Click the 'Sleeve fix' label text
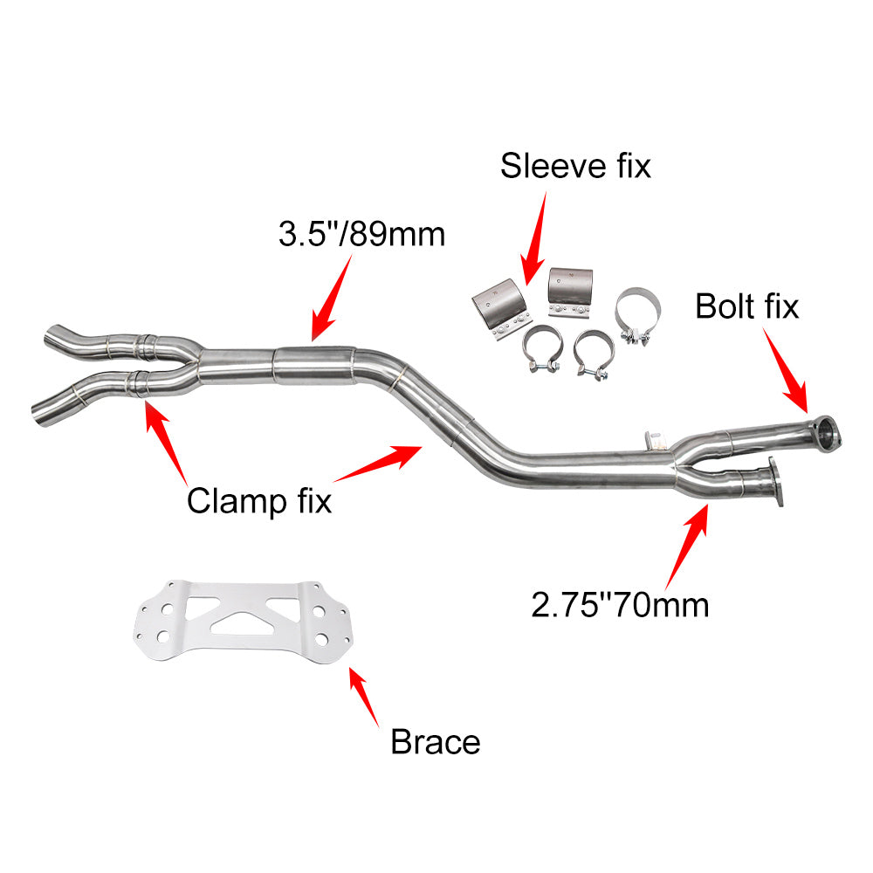[x=575, y=166]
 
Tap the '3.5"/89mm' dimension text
[x=362, y=234]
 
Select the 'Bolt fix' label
[x=746, y=306]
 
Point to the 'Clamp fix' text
[x=259, y=501]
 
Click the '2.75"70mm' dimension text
[x=620, y=605]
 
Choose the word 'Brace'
[x=436, y=742]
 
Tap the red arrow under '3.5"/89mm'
[x=332, y=298]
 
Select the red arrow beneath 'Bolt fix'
[x=785, y=370]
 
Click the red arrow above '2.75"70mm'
[x=687, y=546]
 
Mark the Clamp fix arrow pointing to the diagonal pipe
[x=378, y=464]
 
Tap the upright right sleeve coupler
[x=569, y=293]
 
